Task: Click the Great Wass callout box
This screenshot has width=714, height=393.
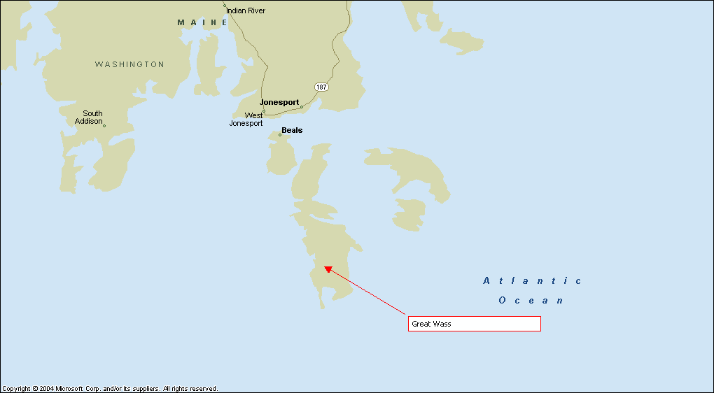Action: click(x=475, y=324)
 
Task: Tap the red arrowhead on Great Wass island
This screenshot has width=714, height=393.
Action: click(x=327, y=269)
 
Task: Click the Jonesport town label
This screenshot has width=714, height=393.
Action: click(x=279, y=102)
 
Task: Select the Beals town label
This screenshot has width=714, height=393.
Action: click(x=292, y=130)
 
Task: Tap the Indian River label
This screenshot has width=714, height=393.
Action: click(x=246, y=10)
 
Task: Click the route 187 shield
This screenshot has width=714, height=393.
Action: click(x=321, y=87)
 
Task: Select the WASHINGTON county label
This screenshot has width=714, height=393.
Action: click(x=129, y=64)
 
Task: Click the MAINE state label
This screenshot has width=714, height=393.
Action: click(x=202, y=22)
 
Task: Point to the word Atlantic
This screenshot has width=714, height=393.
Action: click(x=532, y=280)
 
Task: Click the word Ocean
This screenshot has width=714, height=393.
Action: click(x=531, y=300)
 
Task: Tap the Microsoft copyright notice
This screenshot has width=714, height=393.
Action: click(x=110, y=388)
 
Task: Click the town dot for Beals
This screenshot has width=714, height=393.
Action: click(x=280, y=135)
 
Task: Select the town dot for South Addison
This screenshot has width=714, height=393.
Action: click(x=104, y=126)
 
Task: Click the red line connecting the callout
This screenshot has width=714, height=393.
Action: click(x=367, y=292)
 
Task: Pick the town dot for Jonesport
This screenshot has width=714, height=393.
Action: click(x=302, y=107)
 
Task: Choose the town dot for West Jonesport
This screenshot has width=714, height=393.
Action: click(x=264, y=111)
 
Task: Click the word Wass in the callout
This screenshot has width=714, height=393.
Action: click(x=442, y=324)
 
